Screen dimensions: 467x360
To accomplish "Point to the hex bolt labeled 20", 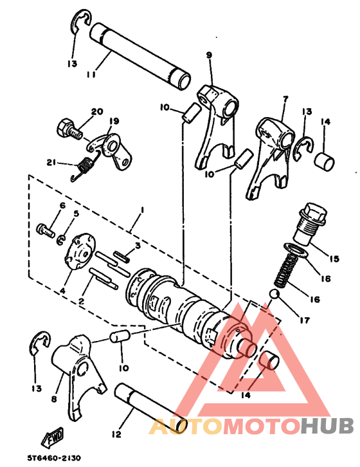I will click(x=69, y=129).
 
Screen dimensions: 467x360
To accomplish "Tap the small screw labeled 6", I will click(x=46, y=228).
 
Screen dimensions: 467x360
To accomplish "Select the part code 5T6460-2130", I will click(x=54, y=459).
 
